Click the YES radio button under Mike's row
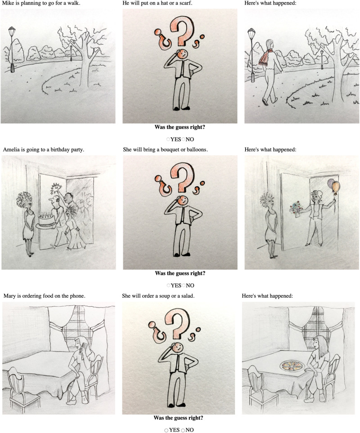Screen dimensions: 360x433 click(x=168, y=139)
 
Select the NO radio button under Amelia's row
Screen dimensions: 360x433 click(x=184, y=285)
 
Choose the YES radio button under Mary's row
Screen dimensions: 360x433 click(x=166, y=430)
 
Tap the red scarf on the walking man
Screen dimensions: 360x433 click(x=265, y=57)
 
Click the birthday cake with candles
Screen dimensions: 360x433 click(x=46, y=220)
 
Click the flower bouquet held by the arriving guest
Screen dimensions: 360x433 click(x=296, y=210)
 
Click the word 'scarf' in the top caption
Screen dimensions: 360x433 click(x=185, y=3)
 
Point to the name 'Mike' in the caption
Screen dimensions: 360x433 click(x=8, y=3)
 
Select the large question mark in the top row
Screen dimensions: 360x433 click(x=182, y=31)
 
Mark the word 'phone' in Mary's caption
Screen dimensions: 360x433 click(x=76, y=296)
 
